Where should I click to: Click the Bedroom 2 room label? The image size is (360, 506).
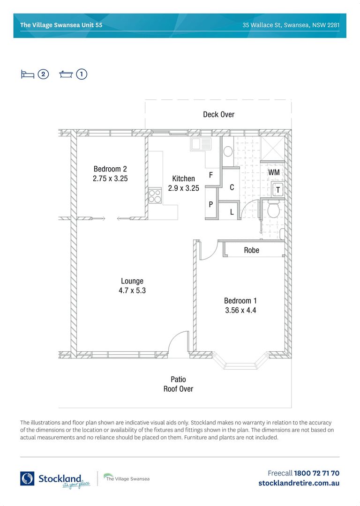110,169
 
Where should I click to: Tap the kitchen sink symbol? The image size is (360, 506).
201,144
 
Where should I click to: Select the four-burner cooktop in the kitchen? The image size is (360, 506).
155,195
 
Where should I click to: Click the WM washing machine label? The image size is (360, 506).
274,172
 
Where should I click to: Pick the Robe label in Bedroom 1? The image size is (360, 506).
252,250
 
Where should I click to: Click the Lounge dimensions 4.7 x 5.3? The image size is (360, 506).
132,290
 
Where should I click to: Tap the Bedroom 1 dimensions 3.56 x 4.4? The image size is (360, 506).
240,310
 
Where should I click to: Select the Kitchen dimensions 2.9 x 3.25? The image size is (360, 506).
183,188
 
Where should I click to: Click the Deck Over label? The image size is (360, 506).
218,114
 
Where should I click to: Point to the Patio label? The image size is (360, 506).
178,379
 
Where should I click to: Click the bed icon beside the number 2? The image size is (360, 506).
28,74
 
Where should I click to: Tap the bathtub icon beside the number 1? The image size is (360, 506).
66,74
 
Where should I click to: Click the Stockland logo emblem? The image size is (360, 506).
27,478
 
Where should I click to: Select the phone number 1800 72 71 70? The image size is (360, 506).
316,473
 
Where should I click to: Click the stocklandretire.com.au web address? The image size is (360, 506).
299,483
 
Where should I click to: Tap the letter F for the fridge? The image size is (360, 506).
211,175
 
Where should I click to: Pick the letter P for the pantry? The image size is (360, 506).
211,204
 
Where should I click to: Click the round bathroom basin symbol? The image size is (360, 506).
228,151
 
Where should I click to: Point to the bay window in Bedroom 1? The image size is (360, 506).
240,361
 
